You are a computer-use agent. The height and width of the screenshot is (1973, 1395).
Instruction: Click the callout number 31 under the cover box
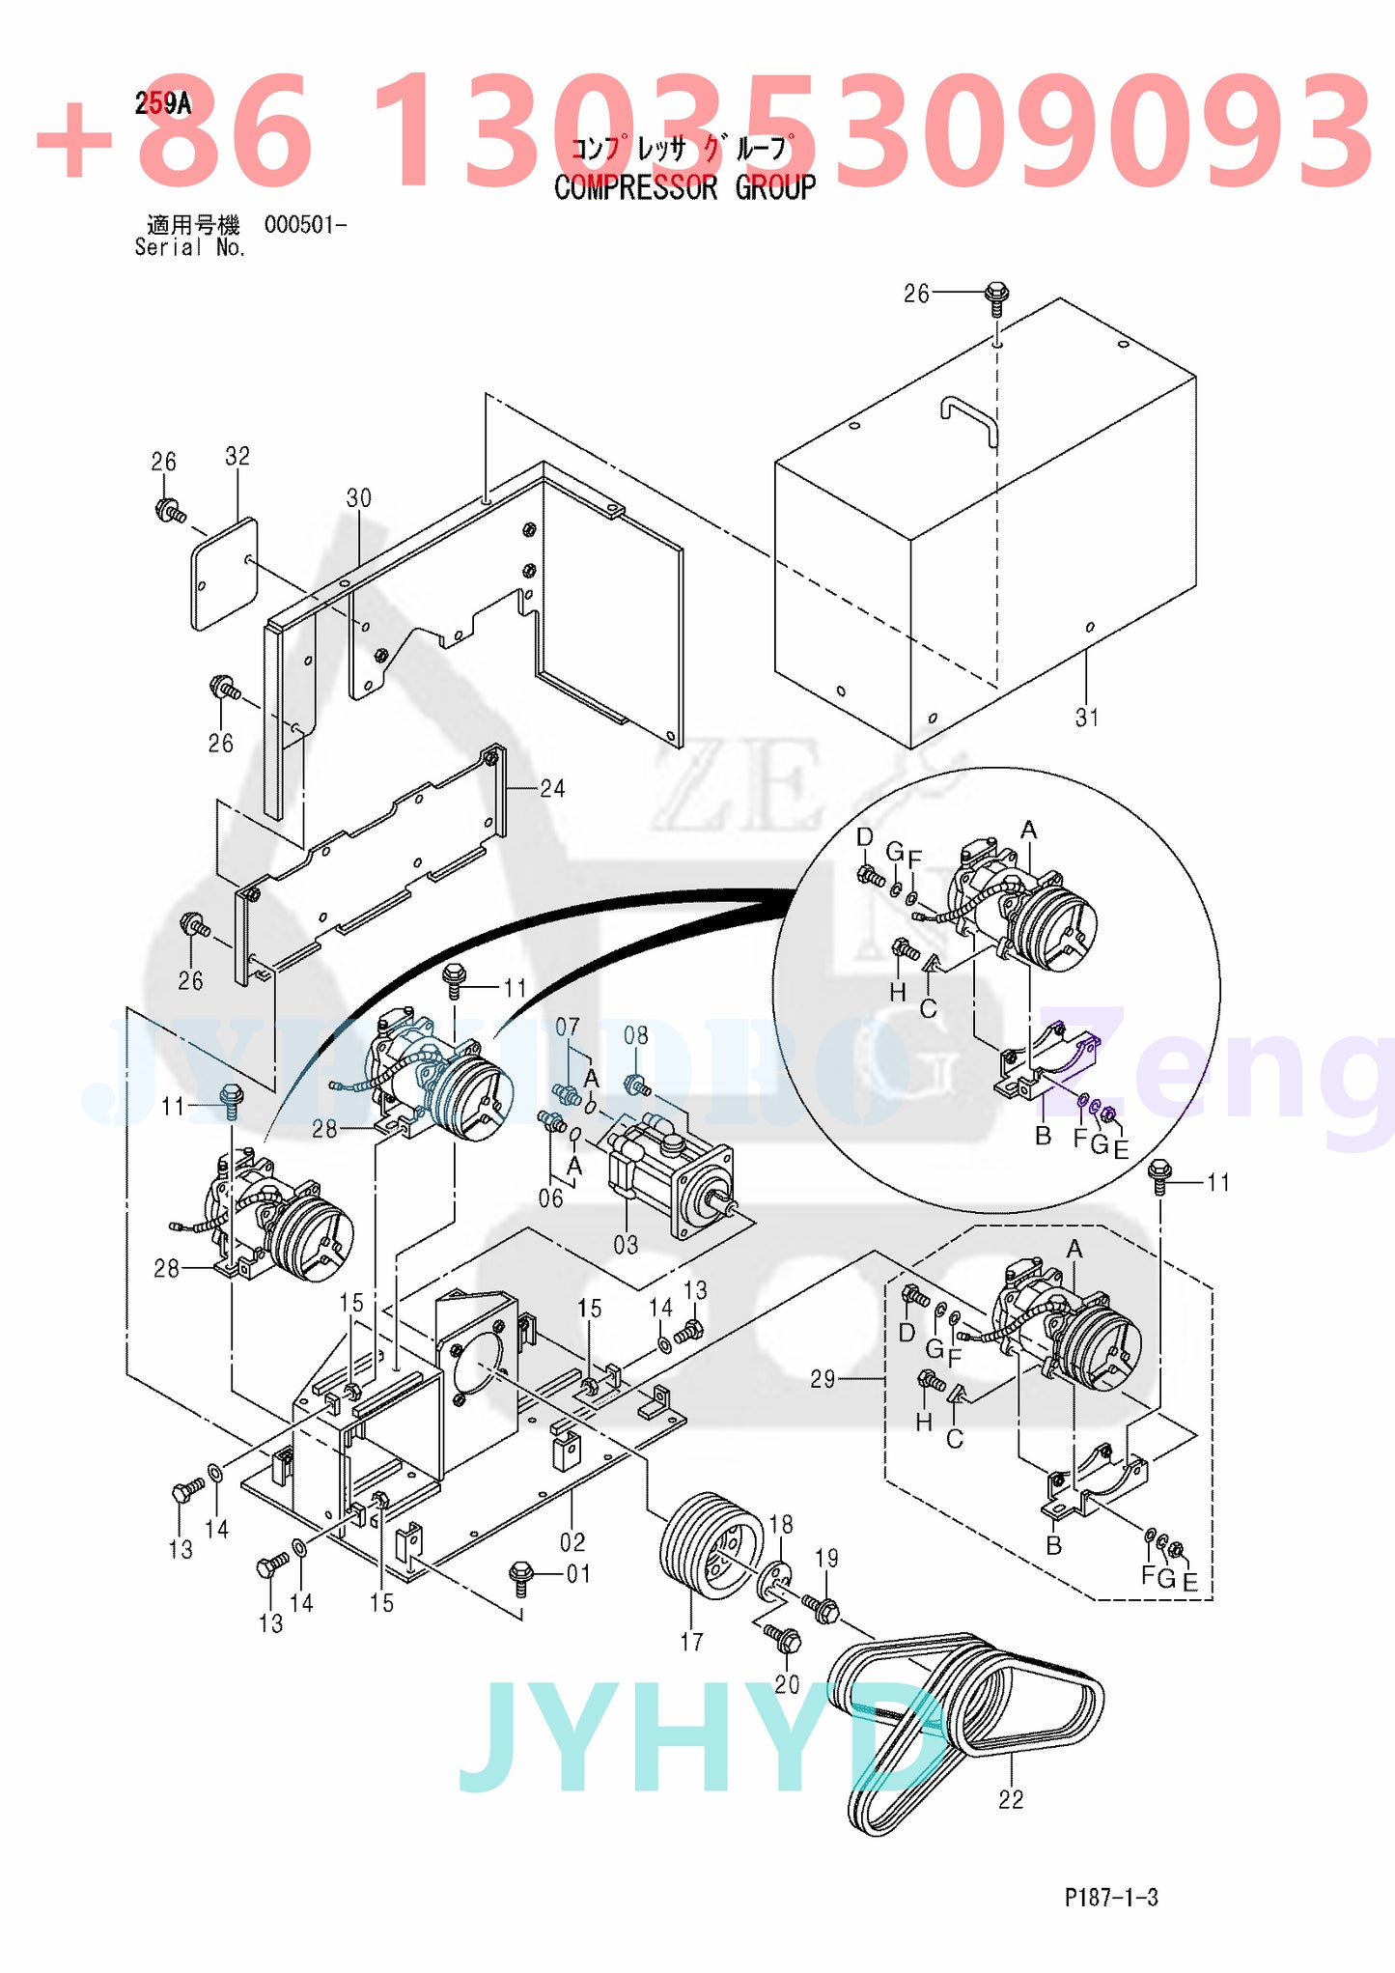tap(1087, 718)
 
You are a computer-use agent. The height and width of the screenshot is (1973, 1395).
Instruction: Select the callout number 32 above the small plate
tap(237, 456)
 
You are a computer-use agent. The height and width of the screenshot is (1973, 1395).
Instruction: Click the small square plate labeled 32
tap(225, 574)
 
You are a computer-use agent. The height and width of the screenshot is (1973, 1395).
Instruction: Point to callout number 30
tap(358, 498)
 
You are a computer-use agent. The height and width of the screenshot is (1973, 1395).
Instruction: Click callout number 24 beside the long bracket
tap(552, 789)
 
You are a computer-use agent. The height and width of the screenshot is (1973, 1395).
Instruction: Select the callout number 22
tap(1011, 1799)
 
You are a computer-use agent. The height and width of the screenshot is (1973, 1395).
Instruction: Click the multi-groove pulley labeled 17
tap(705, 1546)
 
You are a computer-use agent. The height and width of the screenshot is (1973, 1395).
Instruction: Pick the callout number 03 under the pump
tap(626, 1246)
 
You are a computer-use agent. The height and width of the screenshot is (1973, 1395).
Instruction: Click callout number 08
tap(635, 1036)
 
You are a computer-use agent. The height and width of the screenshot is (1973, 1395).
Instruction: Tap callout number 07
tap(568, 1027)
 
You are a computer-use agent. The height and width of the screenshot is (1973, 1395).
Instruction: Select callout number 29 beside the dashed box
tap(823, 1379)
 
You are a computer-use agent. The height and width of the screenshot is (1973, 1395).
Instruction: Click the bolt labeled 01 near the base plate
tap(520, 1573)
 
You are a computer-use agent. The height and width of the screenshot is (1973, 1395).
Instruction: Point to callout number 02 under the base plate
tap(572, 1541)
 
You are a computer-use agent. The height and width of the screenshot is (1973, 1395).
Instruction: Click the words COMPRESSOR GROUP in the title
tap(684, 187)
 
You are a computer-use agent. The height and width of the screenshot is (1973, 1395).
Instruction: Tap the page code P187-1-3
tap(1111, 1898)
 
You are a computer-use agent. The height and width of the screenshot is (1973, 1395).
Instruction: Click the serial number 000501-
tap(304, 225)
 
